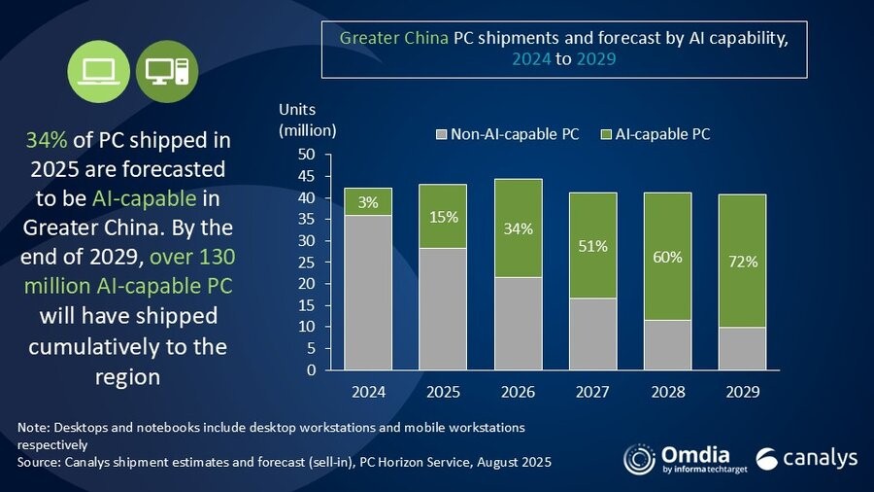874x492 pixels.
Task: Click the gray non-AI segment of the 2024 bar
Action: [x=368, y=292]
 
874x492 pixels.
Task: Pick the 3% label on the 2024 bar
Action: [x=368, y=202]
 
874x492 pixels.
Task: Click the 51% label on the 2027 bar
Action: [x=592, y=246]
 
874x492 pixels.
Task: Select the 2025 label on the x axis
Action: [x=443, y=393]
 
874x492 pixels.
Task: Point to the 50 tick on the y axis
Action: [x=307, y=155]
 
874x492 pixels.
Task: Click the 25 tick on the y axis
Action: [x=307, y=263]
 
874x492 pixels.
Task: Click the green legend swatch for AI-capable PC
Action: [x=608, y=134]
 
